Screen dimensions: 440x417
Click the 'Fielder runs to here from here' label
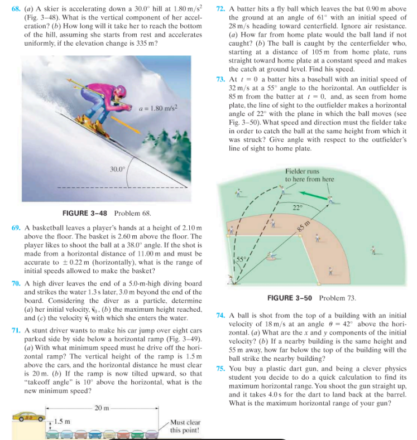pos(309,175)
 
